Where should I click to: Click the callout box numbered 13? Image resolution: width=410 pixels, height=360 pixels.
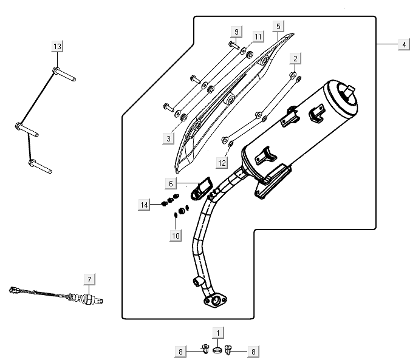pos(57,47)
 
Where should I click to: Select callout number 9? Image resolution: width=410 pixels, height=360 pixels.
pos(236,32)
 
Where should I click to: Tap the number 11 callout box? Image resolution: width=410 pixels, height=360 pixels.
pos(258,37)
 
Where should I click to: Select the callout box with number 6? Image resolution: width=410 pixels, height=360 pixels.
pos(171,183)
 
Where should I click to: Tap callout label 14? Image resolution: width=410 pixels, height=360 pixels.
pos(144,205)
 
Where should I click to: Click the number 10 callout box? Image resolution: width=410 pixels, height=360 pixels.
pos(176,235)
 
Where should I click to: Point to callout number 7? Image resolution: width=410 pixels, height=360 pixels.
pos(89,279)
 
